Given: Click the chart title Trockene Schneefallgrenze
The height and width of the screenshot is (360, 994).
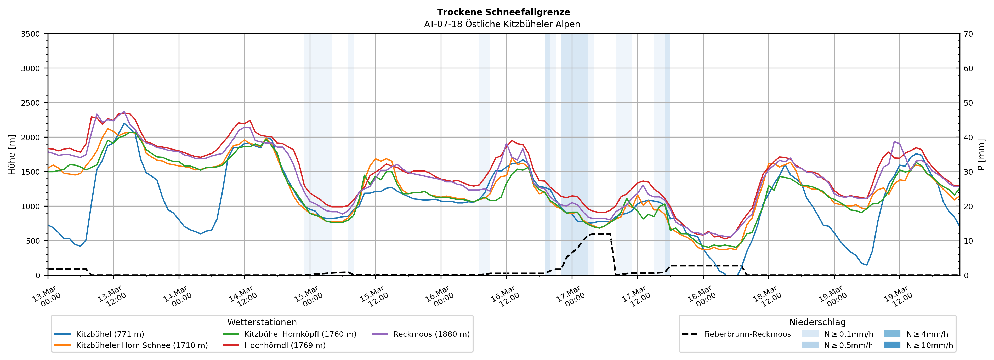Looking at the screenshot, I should tap(503, 12).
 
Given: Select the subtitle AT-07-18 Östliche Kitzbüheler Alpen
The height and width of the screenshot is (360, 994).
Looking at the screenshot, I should tap(502, 24).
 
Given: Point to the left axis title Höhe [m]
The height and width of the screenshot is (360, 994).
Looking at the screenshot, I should tap(12, 154).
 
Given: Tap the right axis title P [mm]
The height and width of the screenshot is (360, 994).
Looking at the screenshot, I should tap(981, 154).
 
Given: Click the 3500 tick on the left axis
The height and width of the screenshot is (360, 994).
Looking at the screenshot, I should tap(31, 34).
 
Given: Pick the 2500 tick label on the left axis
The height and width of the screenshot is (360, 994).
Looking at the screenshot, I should tap(31, 103).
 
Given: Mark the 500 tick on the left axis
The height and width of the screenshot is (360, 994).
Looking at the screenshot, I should tap(32, 241).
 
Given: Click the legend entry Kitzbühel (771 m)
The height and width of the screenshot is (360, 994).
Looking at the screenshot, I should tap(110, 334).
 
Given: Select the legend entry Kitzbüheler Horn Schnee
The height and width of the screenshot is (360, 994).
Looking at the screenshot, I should tap(142, 345).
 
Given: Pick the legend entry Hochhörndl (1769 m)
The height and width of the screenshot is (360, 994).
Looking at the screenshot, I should tap(285, 345).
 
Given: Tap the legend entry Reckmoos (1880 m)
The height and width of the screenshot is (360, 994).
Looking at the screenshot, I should tap(431, 334).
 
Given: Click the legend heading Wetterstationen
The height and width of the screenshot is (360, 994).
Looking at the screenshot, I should tap(262, 322).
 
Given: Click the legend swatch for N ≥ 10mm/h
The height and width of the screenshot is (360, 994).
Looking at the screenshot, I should tap(892, 345).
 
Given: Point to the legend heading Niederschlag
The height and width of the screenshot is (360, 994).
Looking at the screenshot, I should tap(817, 322).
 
